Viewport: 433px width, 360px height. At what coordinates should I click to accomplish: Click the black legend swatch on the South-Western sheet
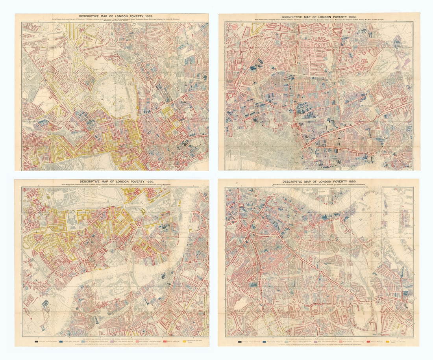37,341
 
